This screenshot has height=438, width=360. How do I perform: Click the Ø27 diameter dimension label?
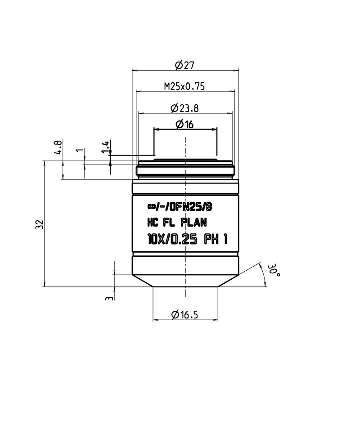pos(184,65)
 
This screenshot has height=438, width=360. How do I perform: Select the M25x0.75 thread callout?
pos(184,86)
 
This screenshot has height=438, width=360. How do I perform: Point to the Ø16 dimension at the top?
pos(184,125)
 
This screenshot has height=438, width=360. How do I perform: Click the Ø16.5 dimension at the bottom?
pos(185,315)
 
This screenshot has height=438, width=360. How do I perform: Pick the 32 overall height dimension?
pos(39,224)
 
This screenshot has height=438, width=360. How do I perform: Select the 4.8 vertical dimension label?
pos(58,147)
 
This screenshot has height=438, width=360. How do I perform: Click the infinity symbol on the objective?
pos(151,207)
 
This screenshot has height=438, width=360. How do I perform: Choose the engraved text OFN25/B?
pos(193,207)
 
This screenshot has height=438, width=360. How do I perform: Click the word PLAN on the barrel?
pos(193,222)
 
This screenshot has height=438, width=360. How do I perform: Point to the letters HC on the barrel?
pos(154,222)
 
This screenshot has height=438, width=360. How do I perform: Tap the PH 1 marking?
pos(215,240)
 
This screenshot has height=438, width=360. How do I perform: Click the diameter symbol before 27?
pos(178,66)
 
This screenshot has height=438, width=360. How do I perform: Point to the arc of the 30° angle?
pos(263,274)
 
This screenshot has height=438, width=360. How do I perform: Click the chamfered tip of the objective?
pos(185,281)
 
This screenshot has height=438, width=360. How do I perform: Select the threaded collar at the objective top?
pos(185,170)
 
